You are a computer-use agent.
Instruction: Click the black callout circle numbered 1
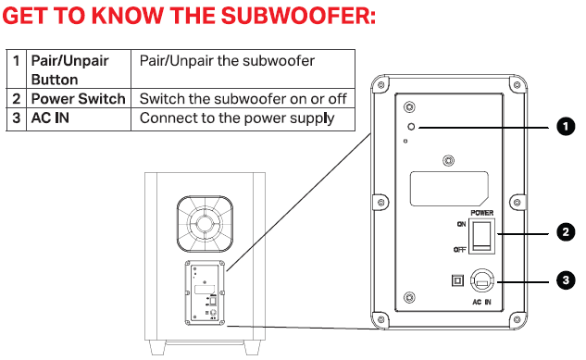566,126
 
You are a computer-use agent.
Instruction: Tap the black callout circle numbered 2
566,232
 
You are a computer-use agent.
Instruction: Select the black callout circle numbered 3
566,280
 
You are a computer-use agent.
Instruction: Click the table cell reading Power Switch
79,99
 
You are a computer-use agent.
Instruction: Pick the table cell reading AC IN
79,119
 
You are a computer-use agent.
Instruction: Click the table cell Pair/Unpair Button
79,69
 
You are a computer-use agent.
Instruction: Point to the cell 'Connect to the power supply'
243,119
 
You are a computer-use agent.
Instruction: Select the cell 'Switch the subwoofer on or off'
243,99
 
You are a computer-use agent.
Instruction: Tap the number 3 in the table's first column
16,118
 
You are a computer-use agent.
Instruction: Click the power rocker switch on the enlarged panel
482,236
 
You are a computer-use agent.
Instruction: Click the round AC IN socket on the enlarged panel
482,280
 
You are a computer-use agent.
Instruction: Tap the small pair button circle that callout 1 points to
411,127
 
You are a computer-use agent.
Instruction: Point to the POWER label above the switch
481,213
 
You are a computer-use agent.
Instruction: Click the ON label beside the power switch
461,224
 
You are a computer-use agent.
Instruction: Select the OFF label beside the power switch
460,250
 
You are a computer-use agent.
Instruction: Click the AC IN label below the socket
481,302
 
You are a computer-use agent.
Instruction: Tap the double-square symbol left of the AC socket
458,280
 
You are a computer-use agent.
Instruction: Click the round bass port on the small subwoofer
205,224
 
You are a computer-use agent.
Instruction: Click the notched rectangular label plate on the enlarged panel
449,189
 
